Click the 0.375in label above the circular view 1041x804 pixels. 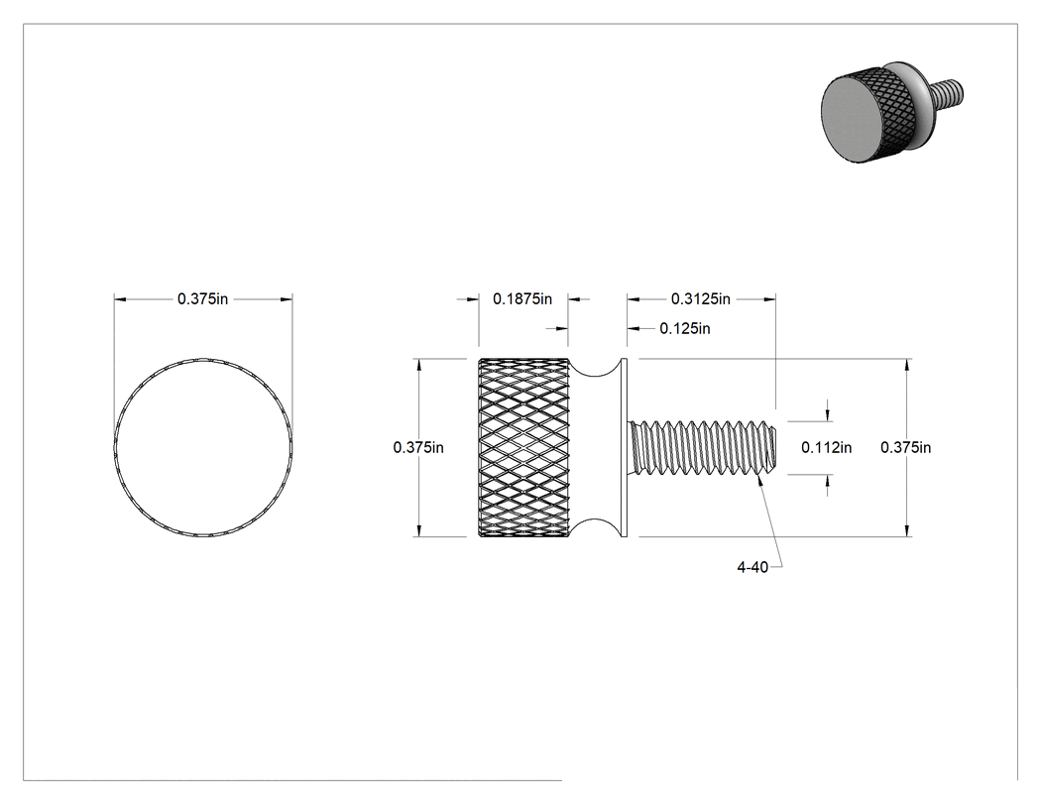point(202,299)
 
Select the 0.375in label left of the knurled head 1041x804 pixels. point(418,447)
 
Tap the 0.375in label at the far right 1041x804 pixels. point(905,447)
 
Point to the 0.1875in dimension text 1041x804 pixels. point(522,299)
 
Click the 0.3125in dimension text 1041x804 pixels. point(700,299)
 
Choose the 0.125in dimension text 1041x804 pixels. point(684,328)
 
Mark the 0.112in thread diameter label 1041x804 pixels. point(827,447)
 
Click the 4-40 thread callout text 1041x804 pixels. point(752,567)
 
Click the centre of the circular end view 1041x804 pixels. point(203,447)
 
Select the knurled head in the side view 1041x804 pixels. point(523,447)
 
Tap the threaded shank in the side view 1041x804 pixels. point(702,447)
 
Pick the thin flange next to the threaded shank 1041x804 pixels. point(624,447)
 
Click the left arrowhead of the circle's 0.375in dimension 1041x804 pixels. point(120,299)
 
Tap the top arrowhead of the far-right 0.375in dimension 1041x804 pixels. point(907,365)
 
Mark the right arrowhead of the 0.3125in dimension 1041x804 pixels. point(769,299)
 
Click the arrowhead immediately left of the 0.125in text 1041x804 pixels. point(634,328)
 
